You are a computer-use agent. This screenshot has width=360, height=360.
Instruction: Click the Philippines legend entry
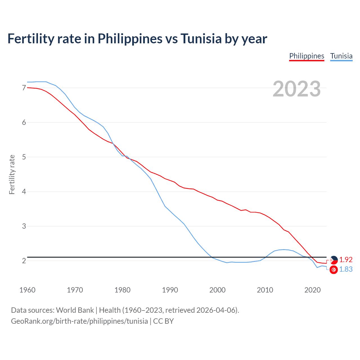307,56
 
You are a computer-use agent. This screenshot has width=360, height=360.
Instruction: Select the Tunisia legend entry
341,56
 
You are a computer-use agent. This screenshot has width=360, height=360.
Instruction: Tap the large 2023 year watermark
297,89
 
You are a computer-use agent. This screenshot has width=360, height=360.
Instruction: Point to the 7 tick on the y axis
24,88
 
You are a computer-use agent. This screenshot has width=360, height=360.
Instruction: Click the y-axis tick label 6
24,122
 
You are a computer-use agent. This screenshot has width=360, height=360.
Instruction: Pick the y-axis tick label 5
24,157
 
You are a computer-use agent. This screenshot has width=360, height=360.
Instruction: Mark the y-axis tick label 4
24,192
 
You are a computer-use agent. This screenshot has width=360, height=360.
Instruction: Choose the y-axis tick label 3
24,226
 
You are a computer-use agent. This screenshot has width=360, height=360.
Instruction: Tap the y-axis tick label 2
24,261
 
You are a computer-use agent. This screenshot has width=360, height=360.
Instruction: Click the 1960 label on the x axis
27,290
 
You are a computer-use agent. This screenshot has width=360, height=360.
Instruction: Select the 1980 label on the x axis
122,290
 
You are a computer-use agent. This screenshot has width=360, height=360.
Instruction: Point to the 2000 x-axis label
217,290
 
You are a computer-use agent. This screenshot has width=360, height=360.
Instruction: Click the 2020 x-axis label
312,290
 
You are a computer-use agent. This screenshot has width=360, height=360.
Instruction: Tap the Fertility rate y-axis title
12,174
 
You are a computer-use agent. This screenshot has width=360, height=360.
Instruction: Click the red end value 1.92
346,260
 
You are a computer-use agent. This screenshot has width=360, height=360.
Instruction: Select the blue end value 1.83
346,269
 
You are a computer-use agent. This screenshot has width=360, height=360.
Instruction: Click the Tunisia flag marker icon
334,270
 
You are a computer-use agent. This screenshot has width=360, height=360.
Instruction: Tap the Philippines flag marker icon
334,260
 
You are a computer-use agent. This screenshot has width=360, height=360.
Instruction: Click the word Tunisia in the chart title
201,39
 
